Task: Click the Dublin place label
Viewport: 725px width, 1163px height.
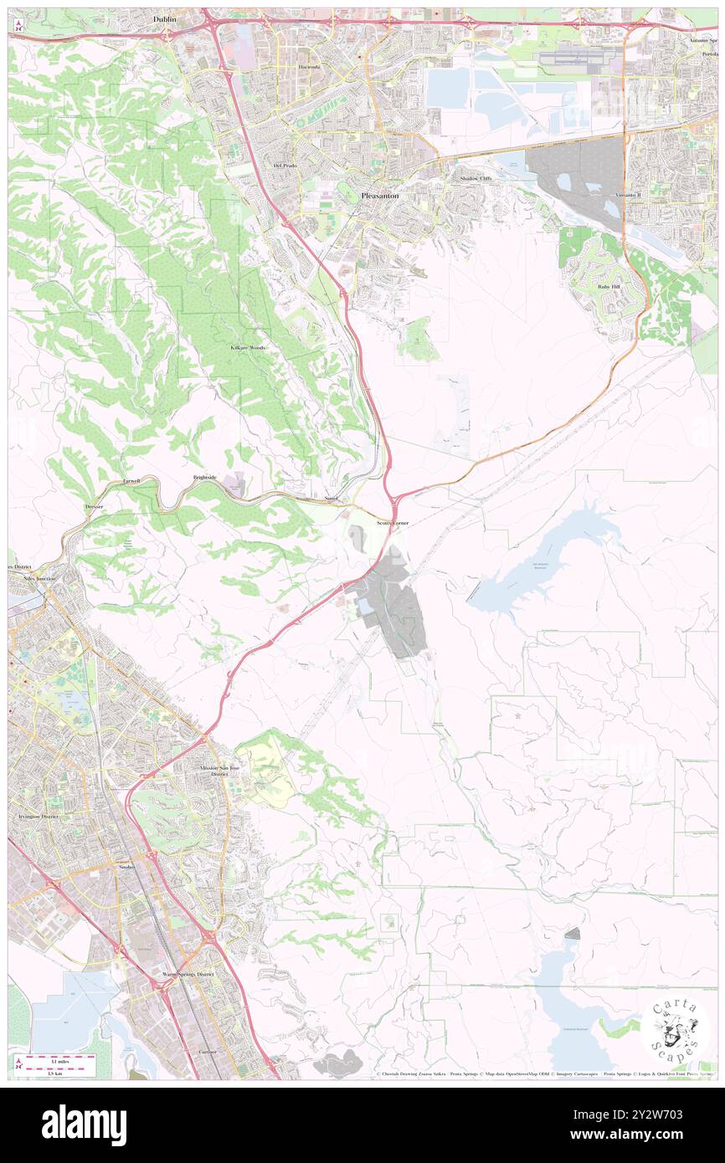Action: tap(166, 18)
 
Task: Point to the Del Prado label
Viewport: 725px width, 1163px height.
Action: tap(285, 166)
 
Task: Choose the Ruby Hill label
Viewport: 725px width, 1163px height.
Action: tap(609, 286)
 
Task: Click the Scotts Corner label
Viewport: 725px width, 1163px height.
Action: tap(393, 522)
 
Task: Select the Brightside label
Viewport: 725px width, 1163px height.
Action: tap(204, 477)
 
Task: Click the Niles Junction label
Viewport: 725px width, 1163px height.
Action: tap(39, 578)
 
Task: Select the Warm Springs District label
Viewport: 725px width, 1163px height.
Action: tap(188, 975)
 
